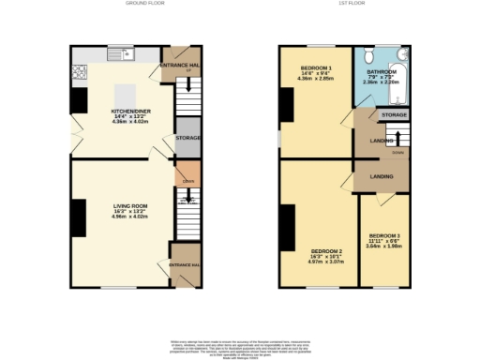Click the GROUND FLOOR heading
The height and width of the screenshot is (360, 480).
tap(139, 4)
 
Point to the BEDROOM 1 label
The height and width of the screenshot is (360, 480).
tap(316, 69)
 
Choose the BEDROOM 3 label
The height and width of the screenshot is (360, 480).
tap(384, 235)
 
